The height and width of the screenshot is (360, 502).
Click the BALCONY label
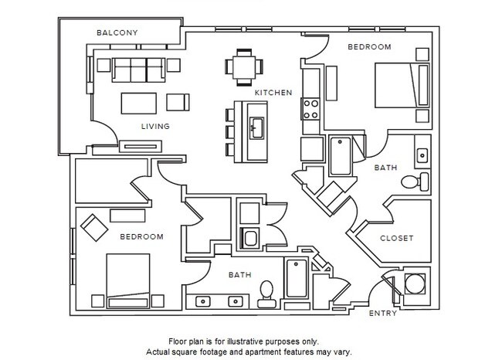click(x=117, y=32)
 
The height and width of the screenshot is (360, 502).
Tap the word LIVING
click(x=154, y=126)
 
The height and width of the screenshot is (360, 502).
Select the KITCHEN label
click(x=273, y=93)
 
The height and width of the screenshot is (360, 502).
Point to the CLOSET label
click(x=396, y=238)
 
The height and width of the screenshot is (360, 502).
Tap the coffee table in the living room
click(x=141, y=103)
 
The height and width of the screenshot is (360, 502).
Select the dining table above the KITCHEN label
click(x=243, y=66)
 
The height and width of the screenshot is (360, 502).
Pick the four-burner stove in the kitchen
click(x=311, y=108)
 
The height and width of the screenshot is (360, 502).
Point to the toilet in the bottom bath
click(x=266, y=290)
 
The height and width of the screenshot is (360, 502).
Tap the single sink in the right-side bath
click(x=421, y=155)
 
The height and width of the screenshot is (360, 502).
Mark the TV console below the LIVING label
click(x=140, y=144)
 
